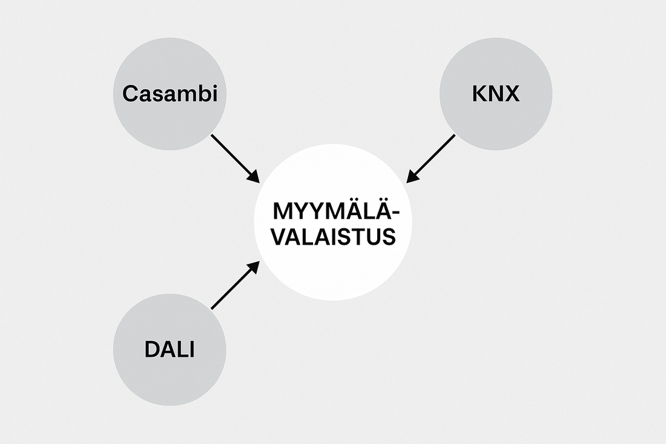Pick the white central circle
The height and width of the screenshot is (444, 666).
332,267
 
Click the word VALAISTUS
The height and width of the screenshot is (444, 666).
332,235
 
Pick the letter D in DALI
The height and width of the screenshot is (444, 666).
151,350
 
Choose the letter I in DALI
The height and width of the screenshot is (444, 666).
191,350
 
